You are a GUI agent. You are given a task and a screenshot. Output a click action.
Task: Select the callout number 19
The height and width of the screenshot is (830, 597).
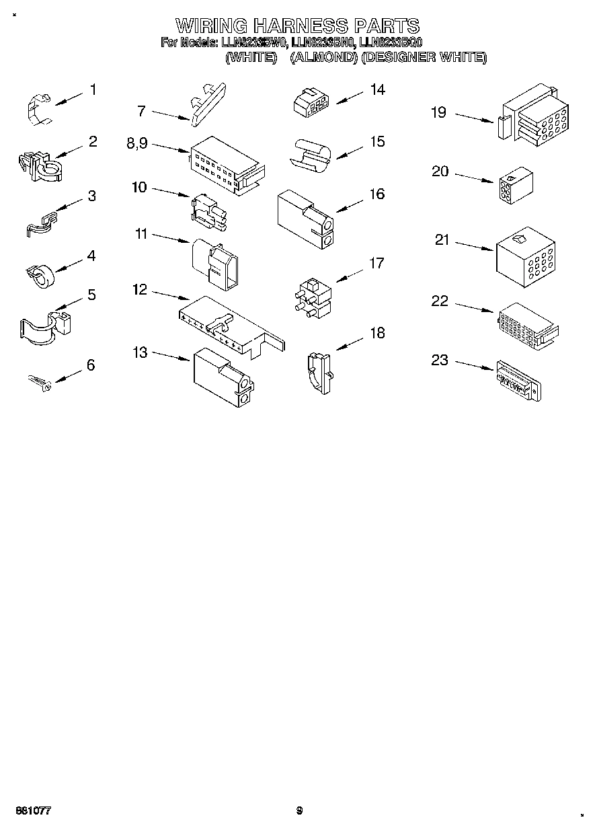[x=438, y=112]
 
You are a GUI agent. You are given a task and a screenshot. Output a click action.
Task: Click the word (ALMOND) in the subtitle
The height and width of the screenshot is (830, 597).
[x=323, y=58]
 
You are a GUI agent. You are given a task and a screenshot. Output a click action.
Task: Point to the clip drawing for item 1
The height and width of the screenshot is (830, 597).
[x=38, y=108]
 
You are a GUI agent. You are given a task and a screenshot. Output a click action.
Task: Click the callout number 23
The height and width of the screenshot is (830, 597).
[x=439, y=361]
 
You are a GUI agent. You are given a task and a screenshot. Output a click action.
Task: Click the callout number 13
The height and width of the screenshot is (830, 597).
[x=140, y=352]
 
